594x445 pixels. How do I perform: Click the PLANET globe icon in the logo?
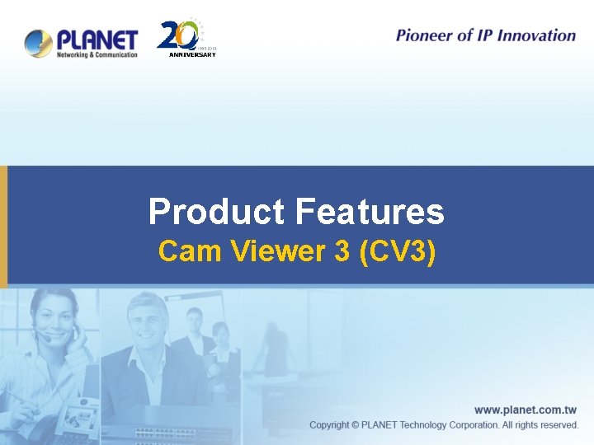(x=38, y=42)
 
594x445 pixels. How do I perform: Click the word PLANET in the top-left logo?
(x=97, y=39)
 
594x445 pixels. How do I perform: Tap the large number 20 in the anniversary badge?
(x=177, y=35)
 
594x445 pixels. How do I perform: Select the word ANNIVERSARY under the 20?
(x=192, y=54)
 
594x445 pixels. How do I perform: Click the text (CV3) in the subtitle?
(x=398, y=251)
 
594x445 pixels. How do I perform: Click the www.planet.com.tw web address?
(x=526, y=410)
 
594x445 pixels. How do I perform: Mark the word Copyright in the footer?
(x=329, y=424)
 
